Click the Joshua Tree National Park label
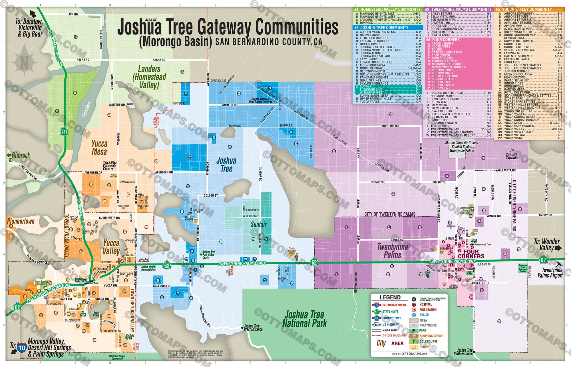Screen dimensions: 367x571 point(304,319)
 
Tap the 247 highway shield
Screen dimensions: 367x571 point(64,132)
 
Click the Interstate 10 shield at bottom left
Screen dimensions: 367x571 point(22,348)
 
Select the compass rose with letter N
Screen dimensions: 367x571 point(25,61)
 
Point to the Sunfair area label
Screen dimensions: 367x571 point(258,224)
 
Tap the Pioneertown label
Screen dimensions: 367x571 point(21,221)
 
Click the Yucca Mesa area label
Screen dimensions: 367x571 point(99,147)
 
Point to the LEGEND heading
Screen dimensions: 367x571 point(390,297)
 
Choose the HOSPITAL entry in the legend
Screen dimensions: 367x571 point(425,305)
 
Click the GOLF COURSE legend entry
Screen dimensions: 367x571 point(428,341)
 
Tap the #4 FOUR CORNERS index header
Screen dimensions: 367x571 point(445,40)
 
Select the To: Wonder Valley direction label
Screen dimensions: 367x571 point(547,245)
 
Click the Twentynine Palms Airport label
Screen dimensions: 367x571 point(550,273)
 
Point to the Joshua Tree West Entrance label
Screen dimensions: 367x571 point(253,328)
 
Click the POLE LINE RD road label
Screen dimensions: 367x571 point(390,126)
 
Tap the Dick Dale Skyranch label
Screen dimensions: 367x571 point(511,156)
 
